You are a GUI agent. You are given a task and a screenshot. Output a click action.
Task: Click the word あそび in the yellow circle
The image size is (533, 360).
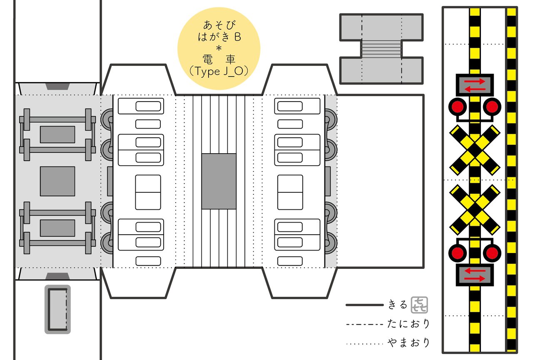[219, 25]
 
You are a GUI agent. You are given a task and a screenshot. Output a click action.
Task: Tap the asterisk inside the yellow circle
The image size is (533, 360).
[219, 49]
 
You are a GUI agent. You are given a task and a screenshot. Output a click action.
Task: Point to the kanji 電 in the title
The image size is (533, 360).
[207, 60]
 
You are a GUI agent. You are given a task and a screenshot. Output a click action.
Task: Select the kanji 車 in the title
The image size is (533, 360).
[230, 60]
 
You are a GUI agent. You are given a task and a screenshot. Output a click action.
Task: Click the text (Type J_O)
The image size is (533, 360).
[219, 71]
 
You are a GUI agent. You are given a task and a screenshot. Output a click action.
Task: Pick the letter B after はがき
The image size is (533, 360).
[237, 37]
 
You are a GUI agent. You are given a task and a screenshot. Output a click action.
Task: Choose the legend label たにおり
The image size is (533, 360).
[408, 324]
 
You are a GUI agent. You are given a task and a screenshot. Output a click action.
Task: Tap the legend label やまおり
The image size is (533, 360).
[408, 343]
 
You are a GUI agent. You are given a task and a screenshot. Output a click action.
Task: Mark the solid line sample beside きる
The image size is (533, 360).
[364, 305]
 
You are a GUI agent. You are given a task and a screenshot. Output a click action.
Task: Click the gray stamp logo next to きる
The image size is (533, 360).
[419, 305]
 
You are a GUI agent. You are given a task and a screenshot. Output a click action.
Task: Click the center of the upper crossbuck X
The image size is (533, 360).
[475, 150]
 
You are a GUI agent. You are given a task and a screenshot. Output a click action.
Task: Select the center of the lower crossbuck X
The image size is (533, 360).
[475, 209]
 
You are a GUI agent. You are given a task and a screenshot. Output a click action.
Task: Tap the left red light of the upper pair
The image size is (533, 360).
[458, 107]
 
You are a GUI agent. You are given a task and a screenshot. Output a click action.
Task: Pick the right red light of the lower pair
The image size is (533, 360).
[492, 253]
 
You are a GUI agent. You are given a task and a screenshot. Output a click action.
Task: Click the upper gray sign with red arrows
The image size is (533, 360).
[475, 85]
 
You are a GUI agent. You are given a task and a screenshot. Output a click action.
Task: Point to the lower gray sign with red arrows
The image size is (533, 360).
[475, 275]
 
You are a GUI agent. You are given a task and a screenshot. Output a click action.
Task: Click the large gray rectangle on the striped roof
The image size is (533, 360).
[219, 181]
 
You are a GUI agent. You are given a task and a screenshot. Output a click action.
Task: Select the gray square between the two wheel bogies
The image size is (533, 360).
[57, 181]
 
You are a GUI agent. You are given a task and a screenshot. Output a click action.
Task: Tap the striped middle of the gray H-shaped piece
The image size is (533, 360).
[381, 49]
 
